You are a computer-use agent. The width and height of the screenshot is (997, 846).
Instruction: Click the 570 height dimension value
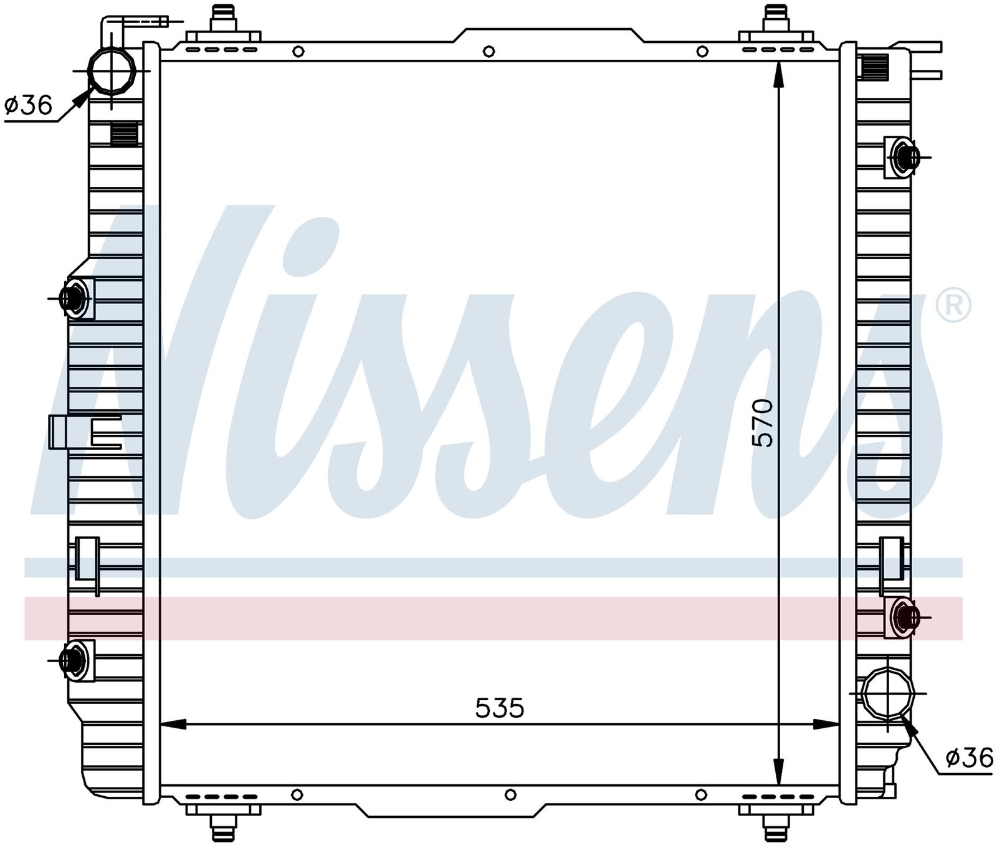pyautogui.click(x=762, y=423)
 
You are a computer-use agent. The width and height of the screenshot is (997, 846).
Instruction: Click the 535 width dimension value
pyautogui.click(x=500, y=708)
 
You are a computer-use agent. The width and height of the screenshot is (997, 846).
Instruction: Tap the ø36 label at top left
pyautogui.click(x=28, y=105)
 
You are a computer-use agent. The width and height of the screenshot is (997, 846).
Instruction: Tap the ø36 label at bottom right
pyautogui.click(x=968, y=758)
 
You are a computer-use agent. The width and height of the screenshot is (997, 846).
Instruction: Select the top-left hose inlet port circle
pyautogui.click(x=112, y=70)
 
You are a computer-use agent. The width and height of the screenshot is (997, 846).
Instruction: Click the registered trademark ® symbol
pyautogui.click(x=954, y=305)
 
